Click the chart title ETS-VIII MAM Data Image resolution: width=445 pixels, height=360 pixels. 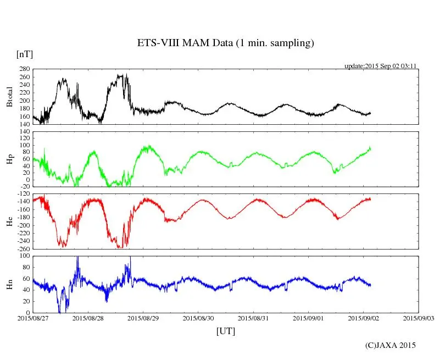225,43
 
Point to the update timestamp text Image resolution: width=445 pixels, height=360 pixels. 380,65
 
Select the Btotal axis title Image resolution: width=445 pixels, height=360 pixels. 9,97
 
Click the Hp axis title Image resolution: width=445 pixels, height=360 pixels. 9,159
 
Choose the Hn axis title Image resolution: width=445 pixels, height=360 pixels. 9,284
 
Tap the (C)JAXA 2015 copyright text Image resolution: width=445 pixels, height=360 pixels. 391,345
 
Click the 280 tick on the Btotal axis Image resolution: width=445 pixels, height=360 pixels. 24,69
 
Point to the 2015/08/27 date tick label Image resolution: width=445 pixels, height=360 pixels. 33,318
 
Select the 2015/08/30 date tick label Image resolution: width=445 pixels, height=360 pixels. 198,318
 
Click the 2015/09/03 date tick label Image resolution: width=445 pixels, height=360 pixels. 419,318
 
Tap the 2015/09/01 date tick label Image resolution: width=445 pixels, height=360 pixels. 308,318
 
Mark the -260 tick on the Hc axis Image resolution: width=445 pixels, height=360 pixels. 23,248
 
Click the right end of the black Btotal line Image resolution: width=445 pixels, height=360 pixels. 371,113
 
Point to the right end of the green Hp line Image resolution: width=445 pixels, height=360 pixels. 371,148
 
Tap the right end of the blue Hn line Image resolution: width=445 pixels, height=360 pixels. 371,285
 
